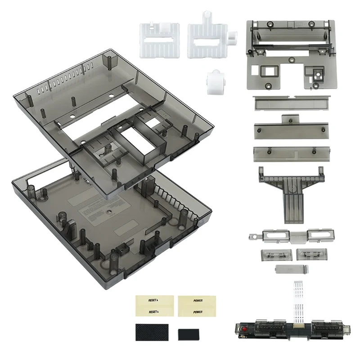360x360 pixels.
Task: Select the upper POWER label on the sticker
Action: [x=198, y=300]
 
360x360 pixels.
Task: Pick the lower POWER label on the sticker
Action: [x=198, y=311]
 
